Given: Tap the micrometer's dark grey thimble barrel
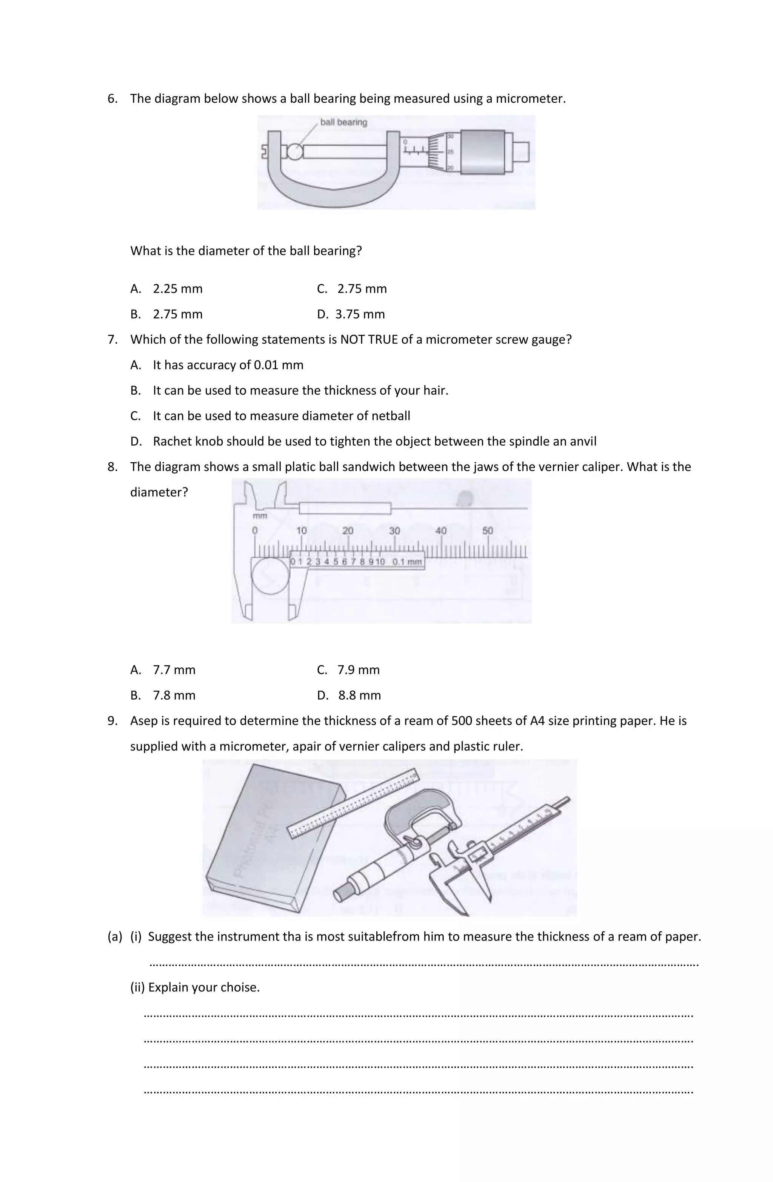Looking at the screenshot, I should pyautogui.click(x=482, y=152).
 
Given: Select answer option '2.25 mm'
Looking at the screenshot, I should pyautogui.click(x=177, y=289).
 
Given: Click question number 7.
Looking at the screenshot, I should pyautogui.click(x=112, y=340).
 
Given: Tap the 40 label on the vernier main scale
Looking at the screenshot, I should pyautogui.click(x=440, y=530).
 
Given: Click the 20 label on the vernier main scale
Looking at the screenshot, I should pyautogui.click(x=347, y=530).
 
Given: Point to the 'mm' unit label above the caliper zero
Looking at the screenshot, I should pyautogui.click(x=260, y=516).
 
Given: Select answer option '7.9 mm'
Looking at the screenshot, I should pyautogui.click(x=358, y=670).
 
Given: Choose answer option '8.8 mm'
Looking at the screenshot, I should pyautogui.click(x=359, y=695).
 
